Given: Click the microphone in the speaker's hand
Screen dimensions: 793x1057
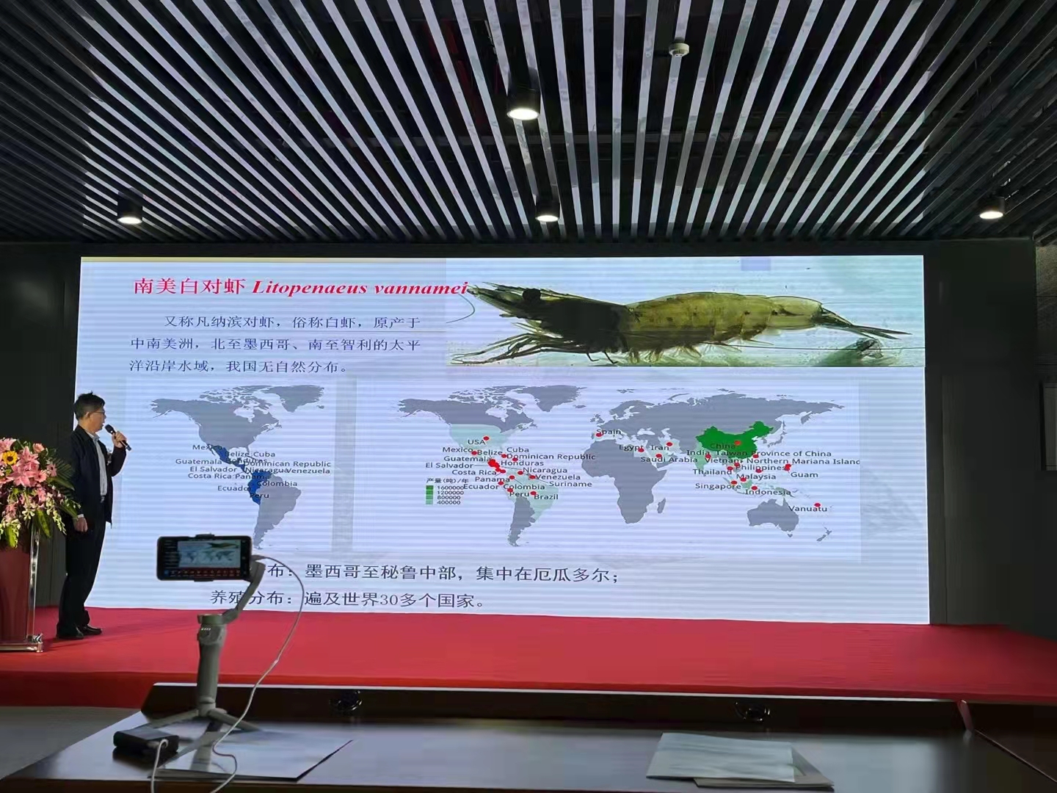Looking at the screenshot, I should [x=117, y=435].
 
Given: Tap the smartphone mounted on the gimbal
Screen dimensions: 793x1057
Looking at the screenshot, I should [x=203, y=557].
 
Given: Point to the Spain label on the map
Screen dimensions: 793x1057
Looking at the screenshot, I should [x=609, y=432].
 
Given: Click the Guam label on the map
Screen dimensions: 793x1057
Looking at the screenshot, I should [x=804, y=475].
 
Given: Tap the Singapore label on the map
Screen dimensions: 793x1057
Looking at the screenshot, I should [x=718, y=486].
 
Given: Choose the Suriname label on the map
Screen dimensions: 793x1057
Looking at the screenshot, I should [x=570, y=484].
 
